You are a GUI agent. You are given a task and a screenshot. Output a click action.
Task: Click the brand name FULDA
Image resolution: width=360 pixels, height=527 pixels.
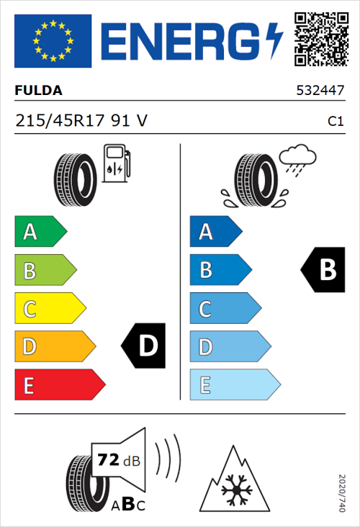coord(39,91)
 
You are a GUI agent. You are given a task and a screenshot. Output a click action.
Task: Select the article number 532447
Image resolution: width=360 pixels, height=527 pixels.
coord(320,91)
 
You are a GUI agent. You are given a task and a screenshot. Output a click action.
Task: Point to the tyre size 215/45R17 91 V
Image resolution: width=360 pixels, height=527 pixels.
coord(81,121)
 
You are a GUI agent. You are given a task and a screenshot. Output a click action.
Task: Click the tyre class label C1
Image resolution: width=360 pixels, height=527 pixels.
coord(335,122)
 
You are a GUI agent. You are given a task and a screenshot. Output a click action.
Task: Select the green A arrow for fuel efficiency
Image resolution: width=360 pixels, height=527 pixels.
coord(40,232)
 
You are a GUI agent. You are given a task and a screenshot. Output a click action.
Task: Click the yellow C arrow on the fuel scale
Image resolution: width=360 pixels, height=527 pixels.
coord(49,309)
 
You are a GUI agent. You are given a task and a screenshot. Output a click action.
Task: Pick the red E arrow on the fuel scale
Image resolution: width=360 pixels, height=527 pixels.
coord(58,385)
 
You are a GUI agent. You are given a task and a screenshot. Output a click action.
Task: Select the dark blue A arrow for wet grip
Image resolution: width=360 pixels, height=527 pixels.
coord(215,232)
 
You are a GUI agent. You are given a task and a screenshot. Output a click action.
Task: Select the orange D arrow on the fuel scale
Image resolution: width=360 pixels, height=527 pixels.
coord(54,347)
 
